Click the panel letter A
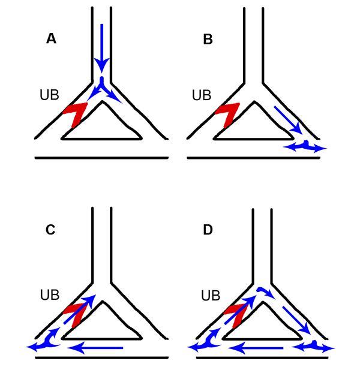click(52, 40)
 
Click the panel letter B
click(208, 40)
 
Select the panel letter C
click(50, 230)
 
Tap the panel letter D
click(208, 230)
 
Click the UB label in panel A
click(50, 95)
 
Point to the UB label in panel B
click(202, 95)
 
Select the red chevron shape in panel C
click(74, 312)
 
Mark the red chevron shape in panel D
click(233, 314)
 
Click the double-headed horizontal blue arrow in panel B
click(305, 147)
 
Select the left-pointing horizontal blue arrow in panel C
click(96, 347)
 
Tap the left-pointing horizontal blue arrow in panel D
click(257, 347)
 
